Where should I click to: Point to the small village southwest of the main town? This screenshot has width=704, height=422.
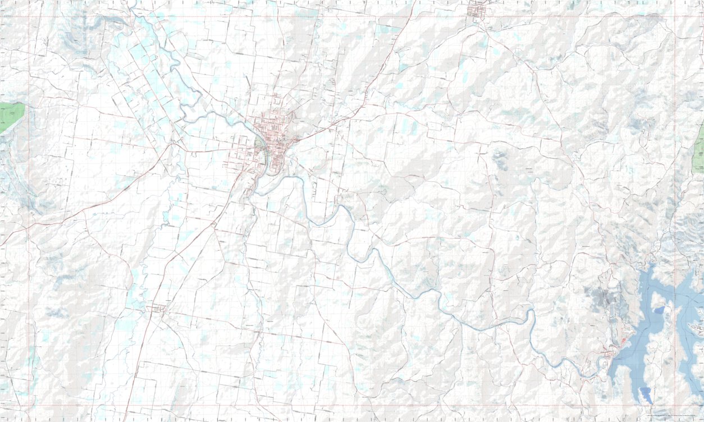[158, 308]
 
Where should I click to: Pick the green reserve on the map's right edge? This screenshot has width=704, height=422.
[699, 149]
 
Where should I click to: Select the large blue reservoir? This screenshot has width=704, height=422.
[651, 337]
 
